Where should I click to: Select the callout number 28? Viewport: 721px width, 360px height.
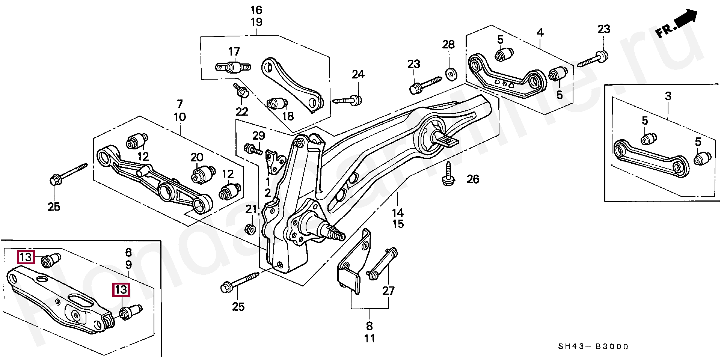click(448, 45)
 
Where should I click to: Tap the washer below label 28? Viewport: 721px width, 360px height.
click(451, 74)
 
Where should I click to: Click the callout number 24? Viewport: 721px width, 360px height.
click(358, 74)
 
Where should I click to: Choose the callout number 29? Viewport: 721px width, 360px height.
click(258, 136)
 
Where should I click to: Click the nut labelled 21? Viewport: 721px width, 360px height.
click(250, 229)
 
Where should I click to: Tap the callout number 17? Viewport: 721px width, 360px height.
click(234, 51)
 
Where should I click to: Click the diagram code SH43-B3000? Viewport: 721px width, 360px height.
click(593, 346)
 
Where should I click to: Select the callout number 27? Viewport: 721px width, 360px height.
click(388, 291)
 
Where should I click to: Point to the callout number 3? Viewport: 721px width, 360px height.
click(668, 96)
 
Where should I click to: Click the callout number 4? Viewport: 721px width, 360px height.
click(540, 33)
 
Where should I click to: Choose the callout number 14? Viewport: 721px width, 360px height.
click(398, 213)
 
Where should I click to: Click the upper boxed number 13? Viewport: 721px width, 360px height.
click(26, 257)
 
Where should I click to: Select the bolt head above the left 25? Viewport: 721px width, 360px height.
click(56, 180)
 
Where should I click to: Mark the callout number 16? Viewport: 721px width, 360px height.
click(256, 10)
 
